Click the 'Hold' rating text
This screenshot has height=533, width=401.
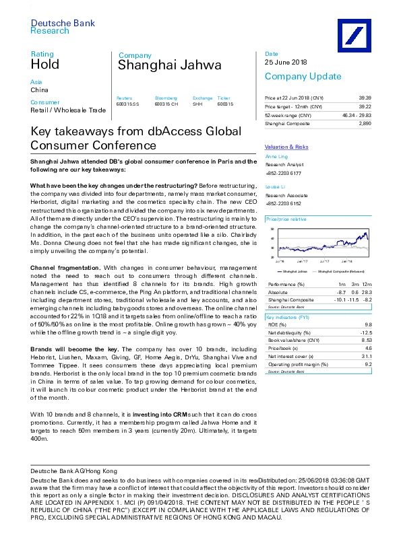pos(44,65)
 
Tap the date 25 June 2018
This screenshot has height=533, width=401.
pos(286,63)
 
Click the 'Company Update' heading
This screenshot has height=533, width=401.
pos(297,77)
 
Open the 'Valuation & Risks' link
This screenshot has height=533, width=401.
pos(286,147)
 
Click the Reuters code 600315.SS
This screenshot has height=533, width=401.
pos(128,104)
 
